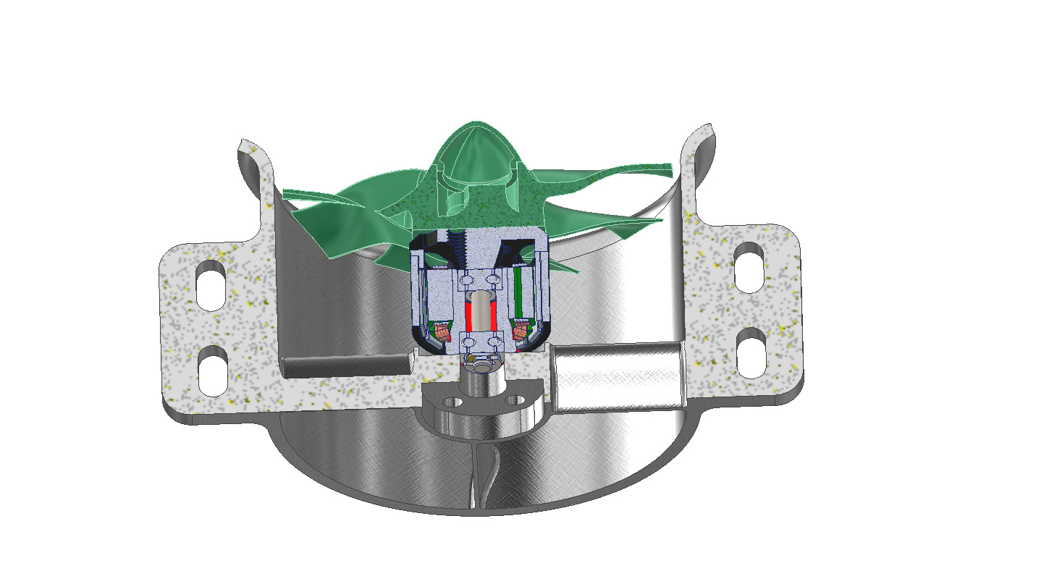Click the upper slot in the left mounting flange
pyautogui.click(x=211, y=289)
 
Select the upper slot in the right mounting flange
pyautogui.click(x=749, y=267)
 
